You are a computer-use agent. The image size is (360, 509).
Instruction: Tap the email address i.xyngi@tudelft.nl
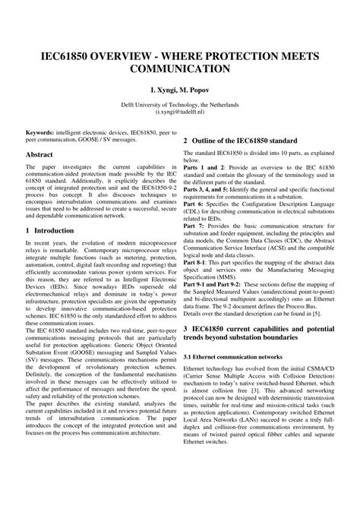[x=180, y=110]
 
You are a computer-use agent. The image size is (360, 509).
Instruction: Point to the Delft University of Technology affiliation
[x=180, y=103]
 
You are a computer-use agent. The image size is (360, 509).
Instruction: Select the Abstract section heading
[x=39, y=154]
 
